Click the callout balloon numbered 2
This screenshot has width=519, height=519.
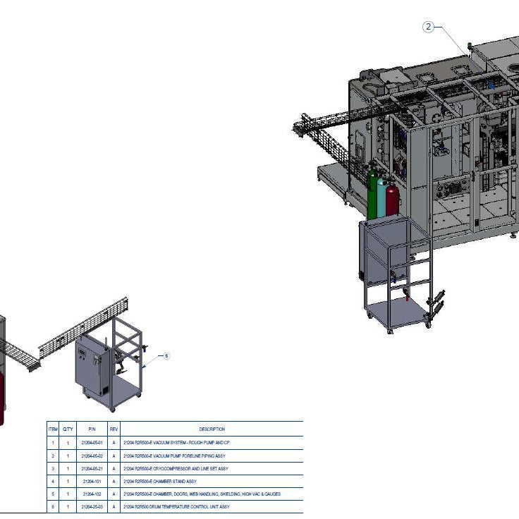[428, 27]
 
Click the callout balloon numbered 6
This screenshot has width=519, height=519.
[167, 356]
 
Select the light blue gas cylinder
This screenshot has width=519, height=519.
[382, 199]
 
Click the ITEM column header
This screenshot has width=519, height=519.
[53, 429]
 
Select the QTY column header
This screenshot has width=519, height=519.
[68, 429]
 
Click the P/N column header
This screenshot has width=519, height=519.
[92, 429]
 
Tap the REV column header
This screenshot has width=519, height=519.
[114, 429]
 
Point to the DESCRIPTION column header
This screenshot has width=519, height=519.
[212, 429]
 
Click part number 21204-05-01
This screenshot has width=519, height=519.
[92, 443]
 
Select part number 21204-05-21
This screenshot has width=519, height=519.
[92, 468]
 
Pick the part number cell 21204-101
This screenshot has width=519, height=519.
[92, 481]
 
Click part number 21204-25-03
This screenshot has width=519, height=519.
[92, 506]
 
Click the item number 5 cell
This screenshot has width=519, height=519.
[53, 494]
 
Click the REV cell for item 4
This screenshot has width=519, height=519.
[114, 481]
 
